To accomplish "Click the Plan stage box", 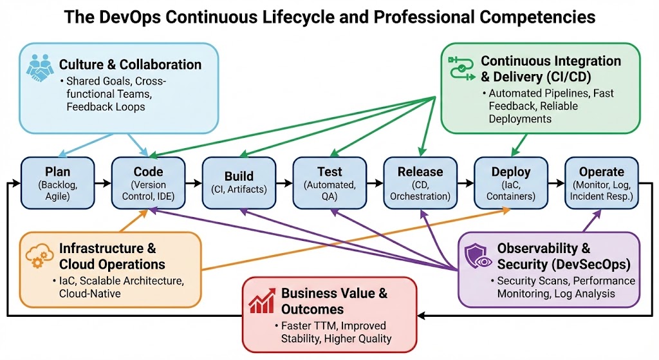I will pos(57,182).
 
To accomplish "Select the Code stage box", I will pos(148,182).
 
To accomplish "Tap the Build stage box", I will pos(239,182).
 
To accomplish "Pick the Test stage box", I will pos(329,182).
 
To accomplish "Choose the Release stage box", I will pos(420,182).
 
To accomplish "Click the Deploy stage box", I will pos(511,182).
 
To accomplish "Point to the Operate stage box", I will pos(602,182).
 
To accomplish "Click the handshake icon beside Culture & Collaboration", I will pos(41,67).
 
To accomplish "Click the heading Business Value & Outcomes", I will pos(335,301).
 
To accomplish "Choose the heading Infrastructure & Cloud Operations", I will pos(112,256).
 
